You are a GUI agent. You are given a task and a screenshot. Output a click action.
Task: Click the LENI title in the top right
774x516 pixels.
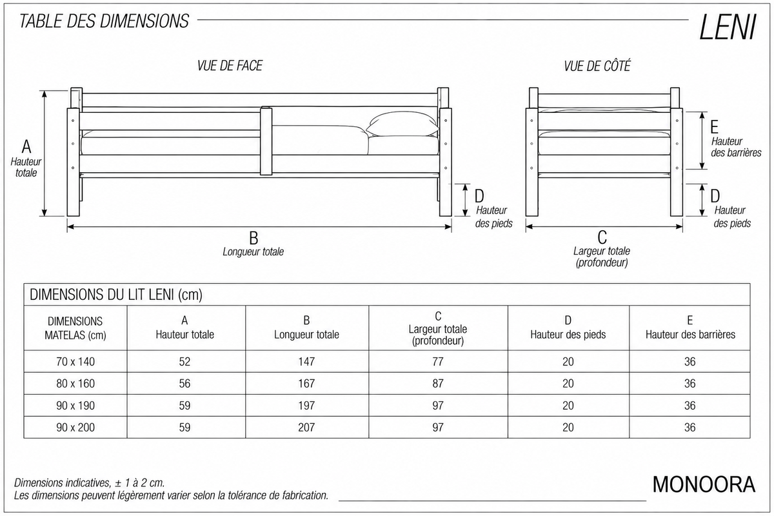click(x=728, y=28)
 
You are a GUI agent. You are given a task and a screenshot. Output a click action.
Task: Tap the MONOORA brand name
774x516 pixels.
click(x=704, y=484)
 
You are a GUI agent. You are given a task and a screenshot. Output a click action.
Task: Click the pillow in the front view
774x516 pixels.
click(x=402, y=124)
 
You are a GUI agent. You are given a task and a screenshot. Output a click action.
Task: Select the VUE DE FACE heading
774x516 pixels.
click(x=230, y=66)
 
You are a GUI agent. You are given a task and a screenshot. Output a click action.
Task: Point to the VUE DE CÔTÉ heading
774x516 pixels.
click(x=597, y=66)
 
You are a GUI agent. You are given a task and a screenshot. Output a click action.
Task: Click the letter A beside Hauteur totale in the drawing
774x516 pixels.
click(x=26, y=146)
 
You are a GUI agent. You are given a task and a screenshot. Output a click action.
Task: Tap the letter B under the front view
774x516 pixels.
click(x=253, y=238)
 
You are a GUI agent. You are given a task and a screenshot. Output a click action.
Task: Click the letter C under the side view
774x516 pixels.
click(x=602, y=237)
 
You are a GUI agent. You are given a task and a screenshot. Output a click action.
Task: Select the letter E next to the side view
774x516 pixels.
click(x=714, y=127)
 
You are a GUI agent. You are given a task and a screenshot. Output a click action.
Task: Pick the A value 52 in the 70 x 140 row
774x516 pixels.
click(x=184, y=361)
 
